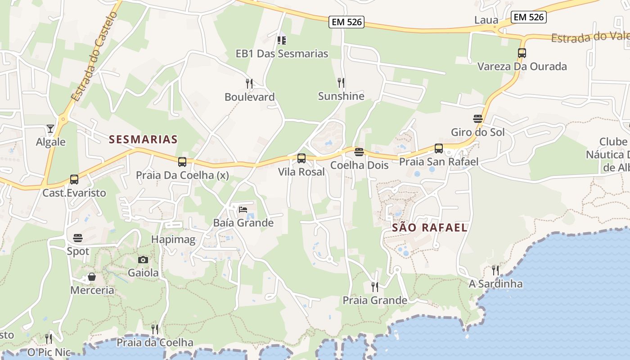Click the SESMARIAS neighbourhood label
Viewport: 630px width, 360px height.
143,139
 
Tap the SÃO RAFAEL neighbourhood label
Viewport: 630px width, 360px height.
430,228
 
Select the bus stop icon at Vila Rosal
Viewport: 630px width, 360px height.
301,158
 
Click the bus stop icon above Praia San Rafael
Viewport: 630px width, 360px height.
439,148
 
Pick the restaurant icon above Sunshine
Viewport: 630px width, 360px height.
341,83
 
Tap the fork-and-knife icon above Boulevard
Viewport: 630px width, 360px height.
249,84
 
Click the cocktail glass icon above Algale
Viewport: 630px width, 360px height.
50,129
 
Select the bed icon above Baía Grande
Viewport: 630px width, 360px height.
243,209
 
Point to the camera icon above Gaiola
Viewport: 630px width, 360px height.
143,260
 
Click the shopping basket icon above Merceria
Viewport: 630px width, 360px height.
92,277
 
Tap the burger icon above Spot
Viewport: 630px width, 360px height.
78,238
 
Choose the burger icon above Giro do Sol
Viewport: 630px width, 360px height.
478,119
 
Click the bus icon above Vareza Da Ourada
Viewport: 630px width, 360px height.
522,53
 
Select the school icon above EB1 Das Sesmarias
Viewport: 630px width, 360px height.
282,40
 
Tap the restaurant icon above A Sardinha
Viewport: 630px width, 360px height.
495,270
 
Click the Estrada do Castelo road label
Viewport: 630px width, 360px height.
94,56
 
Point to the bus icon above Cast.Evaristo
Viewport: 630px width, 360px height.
74,180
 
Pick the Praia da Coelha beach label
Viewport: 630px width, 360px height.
155,342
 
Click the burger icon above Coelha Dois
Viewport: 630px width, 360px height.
359,152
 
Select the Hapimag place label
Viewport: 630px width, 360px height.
173,239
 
